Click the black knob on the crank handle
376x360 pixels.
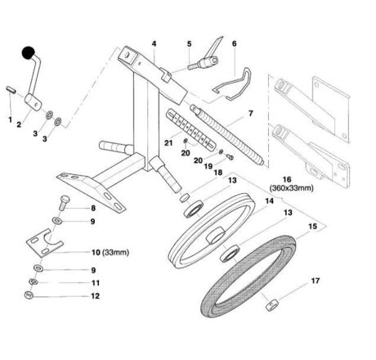[29, 52]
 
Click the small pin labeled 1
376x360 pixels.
[11, 90]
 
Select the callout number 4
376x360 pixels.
[154, 43]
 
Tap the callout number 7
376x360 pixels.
[250, 113]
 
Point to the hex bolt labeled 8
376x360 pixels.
[65, 203]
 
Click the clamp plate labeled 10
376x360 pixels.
[45, 243]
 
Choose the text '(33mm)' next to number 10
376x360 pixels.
[116, 253]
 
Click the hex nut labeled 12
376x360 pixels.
[29, 295]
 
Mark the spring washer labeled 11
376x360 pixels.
[34, 281]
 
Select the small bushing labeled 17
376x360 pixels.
[272, 304]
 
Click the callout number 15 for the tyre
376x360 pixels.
[312, 227]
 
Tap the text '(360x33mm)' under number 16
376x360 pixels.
[291, 188]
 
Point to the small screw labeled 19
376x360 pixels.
[231, 156]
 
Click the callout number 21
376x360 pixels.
[168, 142]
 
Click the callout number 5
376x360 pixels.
[190, 44]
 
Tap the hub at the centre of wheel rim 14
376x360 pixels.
[216, 236]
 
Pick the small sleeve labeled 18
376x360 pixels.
[184, 198]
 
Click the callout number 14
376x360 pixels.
[269, 201]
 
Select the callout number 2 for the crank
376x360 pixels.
[19, 124]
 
